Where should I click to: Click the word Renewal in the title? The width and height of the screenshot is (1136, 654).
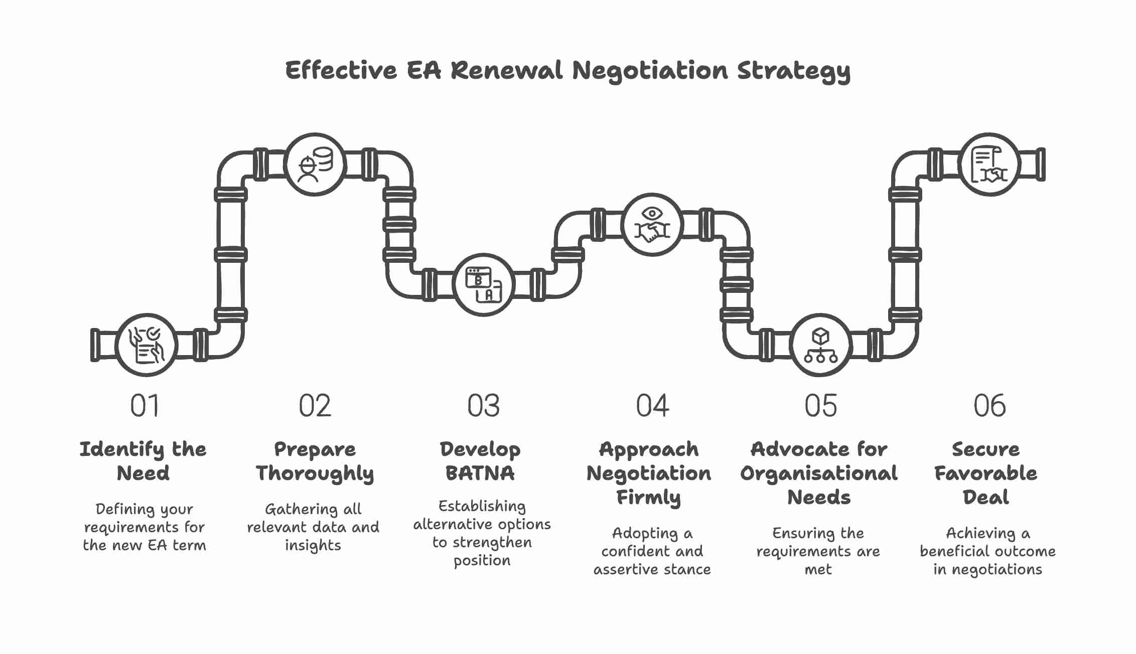tap(507, 70)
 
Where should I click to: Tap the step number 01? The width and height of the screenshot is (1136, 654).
tap(145, 406)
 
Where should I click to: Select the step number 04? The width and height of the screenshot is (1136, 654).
tap(652, 406)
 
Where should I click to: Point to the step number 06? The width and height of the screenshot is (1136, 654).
tap(989, 406)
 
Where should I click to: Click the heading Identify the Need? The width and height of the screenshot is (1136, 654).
tap(143, 461)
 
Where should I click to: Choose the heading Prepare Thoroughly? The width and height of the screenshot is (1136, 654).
tap(315, 461)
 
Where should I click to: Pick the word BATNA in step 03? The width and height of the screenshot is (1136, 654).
tap(480, 473)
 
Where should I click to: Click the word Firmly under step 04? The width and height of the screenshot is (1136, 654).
tap(648, 498)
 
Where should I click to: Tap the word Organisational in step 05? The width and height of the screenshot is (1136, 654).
tap(819, 473)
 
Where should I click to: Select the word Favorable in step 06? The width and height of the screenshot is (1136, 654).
tap(985, 473)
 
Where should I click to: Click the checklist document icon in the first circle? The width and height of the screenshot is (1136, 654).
tap(147, 345)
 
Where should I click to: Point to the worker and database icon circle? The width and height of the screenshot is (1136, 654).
tap(315, 165)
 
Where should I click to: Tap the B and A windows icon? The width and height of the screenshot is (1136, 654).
tap(484, 285)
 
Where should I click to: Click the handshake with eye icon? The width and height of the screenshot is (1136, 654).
tap(652, 225)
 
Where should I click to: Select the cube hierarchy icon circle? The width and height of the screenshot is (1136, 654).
tap(821, 345)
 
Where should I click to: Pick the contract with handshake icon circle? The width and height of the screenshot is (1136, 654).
tap(989, 165)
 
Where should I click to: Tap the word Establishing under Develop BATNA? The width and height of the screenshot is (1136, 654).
tap(482, 507)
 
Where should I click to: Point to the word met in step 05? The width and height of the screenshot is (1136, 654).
tap(818, 570)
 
